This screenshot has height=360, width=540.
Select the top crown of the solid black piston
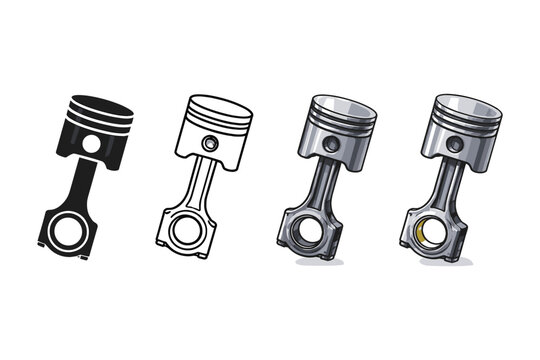pos(101,103)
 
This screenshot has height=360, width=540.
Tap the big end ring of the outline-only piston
pos(185,229)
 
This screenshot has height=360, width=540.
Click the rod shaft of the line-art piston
pos(198,186)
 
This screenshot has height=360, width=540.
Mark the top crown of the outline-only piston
pos(219,104)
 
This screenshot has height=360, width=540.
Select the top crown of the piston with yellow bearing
pos(465,104)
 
